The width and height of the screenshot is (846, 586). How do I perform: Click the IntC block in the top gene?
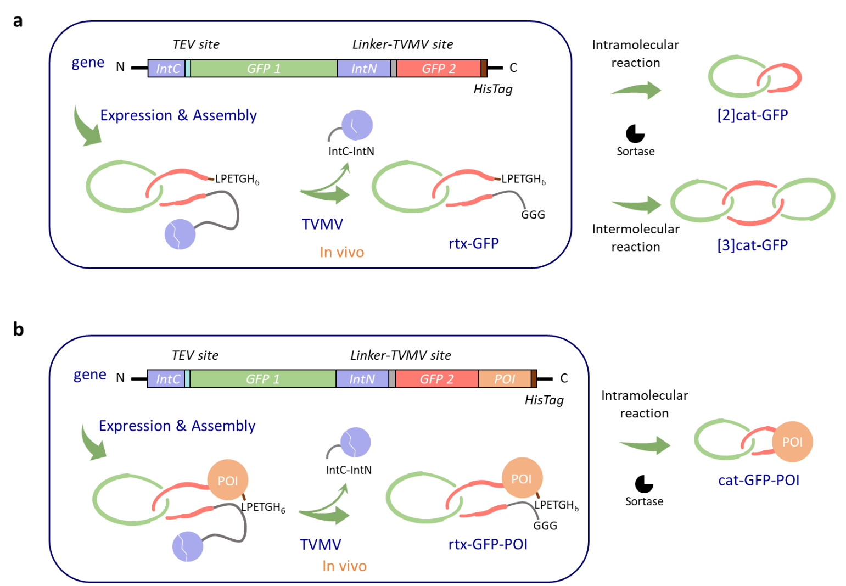point(167,69)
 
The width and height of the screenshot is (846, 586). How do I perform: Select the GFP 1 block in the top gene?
point(264,69)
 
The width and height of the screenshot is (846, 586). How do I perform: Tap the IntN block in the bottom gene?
point(362,379)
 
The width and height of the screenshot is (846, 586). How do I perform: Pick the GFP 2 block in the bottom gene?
point(436,379)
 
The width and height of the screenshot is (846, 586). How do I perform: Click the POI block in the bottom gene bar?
point(505,379)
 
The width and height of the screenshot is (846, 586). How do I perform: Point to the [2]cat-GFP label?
point(752,115)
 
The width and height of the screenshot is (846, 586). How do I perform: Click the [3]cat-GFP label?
point(752,245)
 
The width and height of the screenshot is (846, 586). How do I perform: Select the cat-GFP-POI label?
point(759,481)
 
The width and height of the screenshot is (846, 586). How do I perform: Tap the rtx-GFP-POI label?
point(488,544)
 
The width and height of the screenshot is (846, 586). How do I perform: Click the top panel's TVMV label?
point(322,224)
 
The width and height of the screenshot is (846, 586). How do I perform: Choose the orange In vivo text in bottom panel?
point(344,566)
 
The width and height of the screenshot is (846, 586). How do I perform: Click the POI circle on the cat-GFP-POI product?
point(792,442)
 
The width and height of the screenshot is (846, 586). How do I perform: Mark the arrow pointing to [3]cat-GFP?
point(637,205)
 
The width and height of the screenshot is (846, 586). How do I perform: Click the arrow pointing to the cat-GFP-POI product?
point(646,445)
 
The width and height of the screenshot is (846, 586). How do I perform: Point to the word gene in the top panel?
point(88,63)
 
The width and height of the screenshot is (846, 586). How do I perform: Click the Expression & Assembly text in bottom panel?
point(177,426)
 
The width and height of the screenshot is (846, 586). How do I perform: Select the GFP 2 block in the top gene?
point(438,69)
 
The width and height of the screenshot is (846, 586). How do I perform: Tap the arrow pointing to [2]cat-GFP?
point(637,90)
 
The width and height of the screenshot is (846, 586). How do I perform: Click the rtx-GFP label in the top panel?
point(474,243)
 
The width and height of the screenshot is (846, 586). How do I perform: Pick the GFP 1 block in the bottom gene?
point(262,379)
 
